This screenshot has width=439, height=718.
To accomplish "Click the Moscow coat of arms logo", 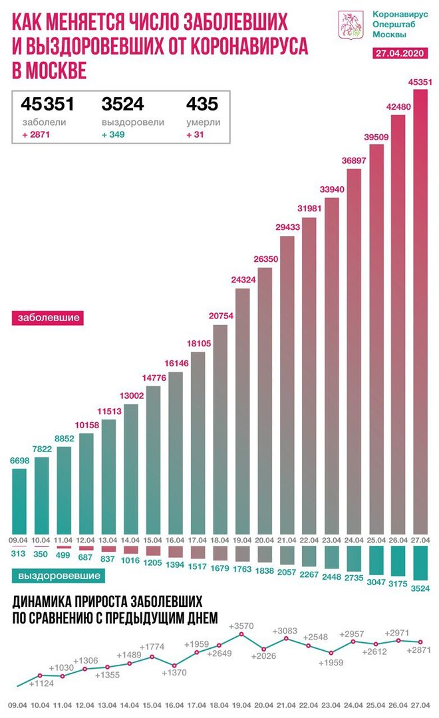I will point(348,24).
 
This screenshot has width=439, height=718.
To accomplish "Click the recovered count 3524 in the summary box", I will point(123,104).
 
